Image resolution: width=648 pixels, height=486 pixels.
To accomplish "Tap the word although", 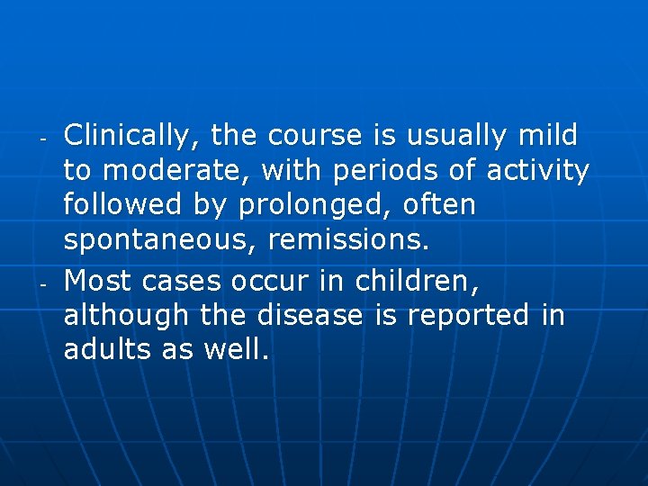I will point(125,316).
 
